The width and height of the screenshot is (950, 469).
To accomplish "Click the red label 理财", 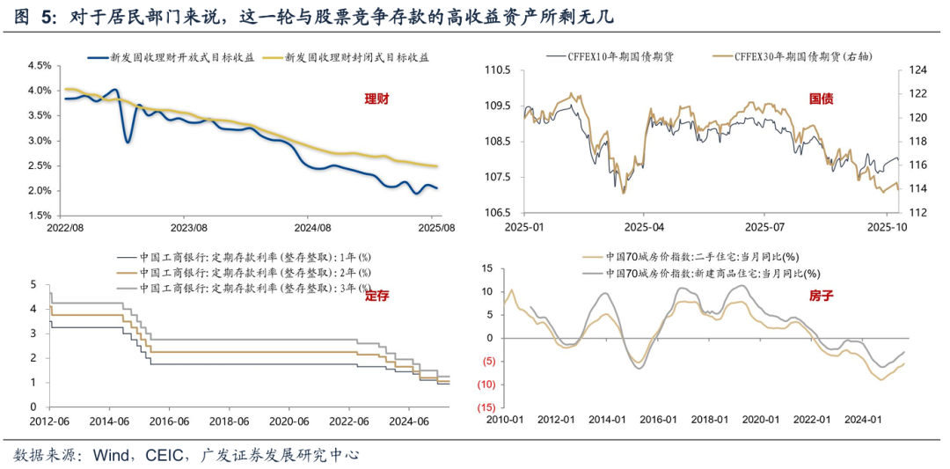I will [376, 99].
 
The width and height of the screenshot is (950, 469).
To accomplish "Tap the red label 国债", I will [820, 99].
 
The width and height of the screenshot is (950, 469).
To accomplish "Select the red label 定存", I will [376, 296].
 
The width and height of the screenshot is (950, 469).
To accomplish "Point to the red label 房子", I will [820, 296].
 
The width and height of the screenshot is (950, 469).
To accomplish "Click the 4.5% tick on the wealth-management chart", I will [40, 66].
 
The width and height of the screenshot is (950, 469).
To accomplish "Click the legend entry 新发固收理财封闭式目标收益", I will [357, 57].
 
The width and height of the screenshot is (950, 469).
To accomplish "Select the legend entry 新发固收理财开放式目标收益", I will [183, 57].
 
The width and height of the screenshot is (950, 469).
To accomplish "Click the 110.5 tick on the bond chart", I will [497, 70].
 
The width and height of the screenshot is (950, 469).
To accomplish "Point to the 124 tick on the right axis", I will [908, 70].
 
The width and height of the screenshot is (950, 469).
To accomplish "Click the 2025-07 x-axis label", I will [763, 226].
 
